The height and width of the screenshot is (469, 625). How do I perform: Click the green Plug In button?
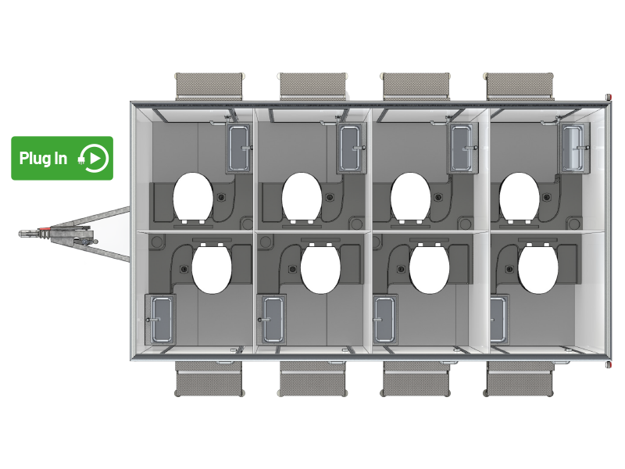pyautogui.click(x=62, y=158)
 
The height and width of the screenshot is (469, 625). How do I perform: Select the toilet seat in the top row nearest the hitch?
pyautogui.click(x=193, y=198)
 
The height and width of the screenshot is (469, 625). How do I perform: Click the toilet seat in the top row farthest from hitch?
pyautogui.click(x=519, y=198)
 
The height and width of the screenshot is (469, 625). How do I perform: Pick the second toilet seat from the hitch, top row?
pyautogui.click(x=302, y=198)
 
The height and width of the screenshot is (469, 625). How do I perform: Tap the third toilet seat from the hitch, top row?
pyautogui.click(x=411, y=198)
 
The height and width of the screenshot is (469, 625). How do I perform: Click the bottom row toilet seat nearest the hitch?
pyautogui.click(x=212, y=268)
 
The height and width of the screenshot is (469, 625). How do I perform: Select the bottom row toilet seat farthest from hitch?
pyautogui.click(x=538, y=268)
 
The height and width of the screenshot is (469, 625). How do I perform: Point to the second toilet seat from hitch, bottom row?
pyautogui.click(x=320, y=268)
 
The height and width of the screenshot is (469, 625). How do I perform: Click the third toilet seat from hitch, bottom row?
pyautogui.click(x=429, y=268)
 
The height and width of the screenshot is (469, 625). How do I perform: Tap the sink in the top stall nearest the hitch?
pyautogui.click(x=239, y=149)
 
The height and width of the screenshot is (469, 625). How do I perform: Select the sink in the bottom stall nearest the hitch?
pyautogui.click(x=160, y=320)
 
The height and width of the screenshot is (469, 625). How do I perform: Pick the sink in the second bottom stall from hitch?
pyautogui.click(x=272, y=320)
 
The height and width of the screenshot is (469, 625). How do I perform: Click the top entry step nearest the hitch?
pyautogui.click(x=209, y=87)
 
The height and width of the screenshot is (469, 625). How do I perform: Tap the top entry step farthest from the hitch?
pyautogui.click(x=519, y=87)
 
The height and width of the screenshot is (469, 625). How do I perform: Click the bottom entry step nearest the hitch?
pyautogui.click(x=209, y=378)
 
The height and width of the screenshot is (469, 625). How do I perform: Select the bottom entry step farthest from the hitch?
pyautogui.click(x=519, y=378)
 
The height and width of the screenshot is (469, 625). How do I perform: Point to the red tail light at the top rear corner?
pyautogui.click(x=609, y=97)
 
